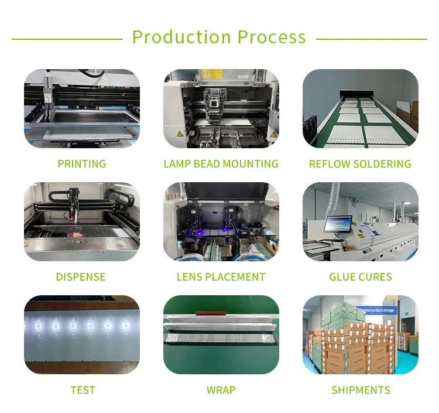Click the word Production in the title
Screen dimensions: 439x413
click(x=181, y=37)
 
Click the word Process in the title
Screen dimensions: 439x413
click(x=272, y=37)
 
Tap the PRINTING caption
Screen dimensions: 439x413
click(x=82, y=164)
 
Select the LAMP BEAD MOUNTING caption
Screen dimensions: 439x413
click(x=221, y=164)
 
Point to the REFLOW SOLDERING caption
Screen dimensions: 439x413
click(x=360, y=164)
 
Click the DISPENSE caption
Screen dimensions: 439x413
click(x=81, y=277)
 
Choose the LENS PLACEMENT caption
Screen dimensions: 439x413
click(x=221, y=277)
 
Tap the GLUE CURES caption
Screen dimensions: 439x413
click(x=361, y=277)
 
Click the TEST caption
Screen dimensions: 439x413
click(x=83, y=390)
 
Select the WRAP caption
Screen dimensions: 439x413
click(x=221, y=390)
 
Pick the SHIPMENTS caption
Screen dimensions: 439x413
click(x=361, y=390)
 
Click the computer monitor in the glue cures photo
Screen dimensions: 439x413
click(x=338, y=224)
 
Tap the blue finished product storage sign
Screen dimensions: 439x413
click(x=376, y=310)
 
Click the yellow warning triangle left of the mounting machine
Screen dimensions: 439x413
click(x=180, y=134)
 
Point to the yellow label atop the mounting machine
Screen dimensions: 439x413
click(x=212, y=74)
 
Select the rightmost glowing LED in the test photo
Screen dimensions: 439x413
click(x=126, y=325)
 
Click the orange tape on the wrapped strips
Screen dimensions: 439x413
click(x=211, y=313)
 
